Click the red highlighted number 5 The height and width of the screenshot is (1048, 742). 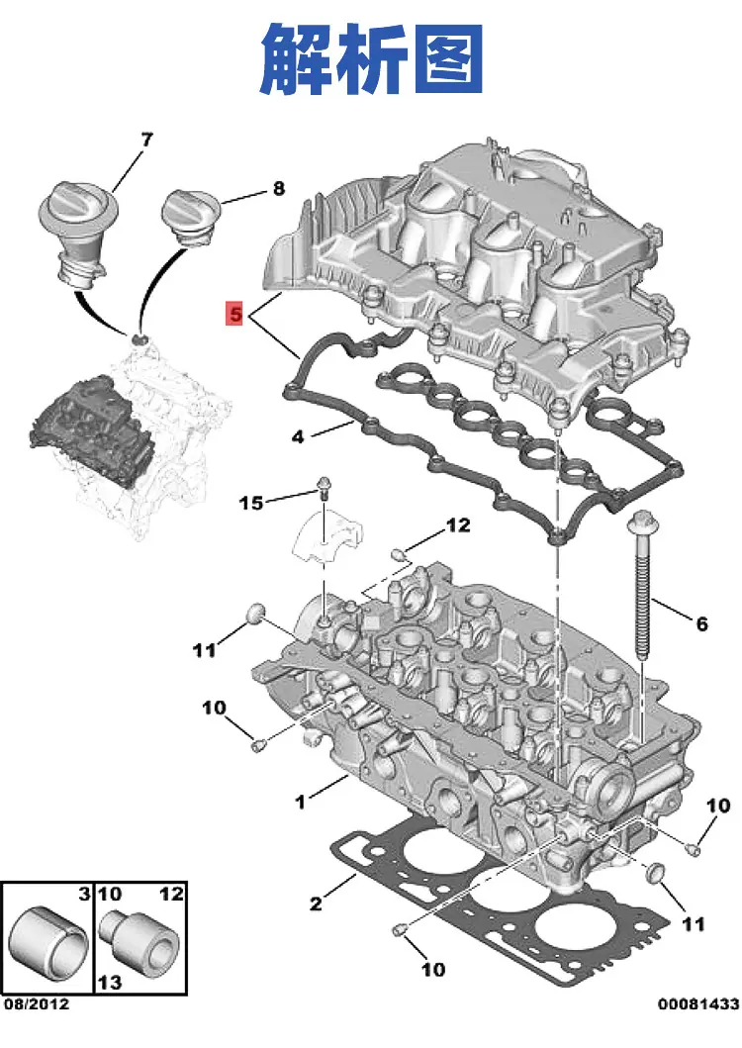[233, 313]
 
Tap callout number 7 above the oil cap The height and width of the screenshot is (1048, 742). [147, 139]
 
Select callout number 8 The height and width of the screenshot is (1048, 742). [279, 189]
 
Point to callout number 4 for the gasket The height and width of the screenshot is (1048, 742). [298, 437]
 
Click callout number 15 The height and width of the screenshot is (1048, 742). [251, 503]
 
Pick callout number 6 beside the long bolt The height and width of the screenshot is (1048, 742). [701, 623]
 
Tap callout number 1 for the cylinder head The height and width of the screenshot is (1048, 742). [300, 802]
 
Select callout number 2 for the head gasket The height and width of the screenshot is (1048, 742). [317, 904]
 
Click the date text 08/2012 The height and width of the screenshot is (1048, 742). [37, 1004]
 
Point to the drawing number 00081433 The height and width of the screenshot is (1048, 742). [698, 1003]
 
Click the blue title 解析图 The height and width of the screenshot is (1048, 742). [372, 58]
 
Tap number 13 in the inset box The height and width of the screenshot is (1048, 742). [110, 983]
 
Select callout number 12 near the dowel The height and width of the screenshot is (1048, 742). [458, 525]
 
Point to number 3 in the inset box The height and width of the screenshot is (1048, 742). [84, 894]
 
